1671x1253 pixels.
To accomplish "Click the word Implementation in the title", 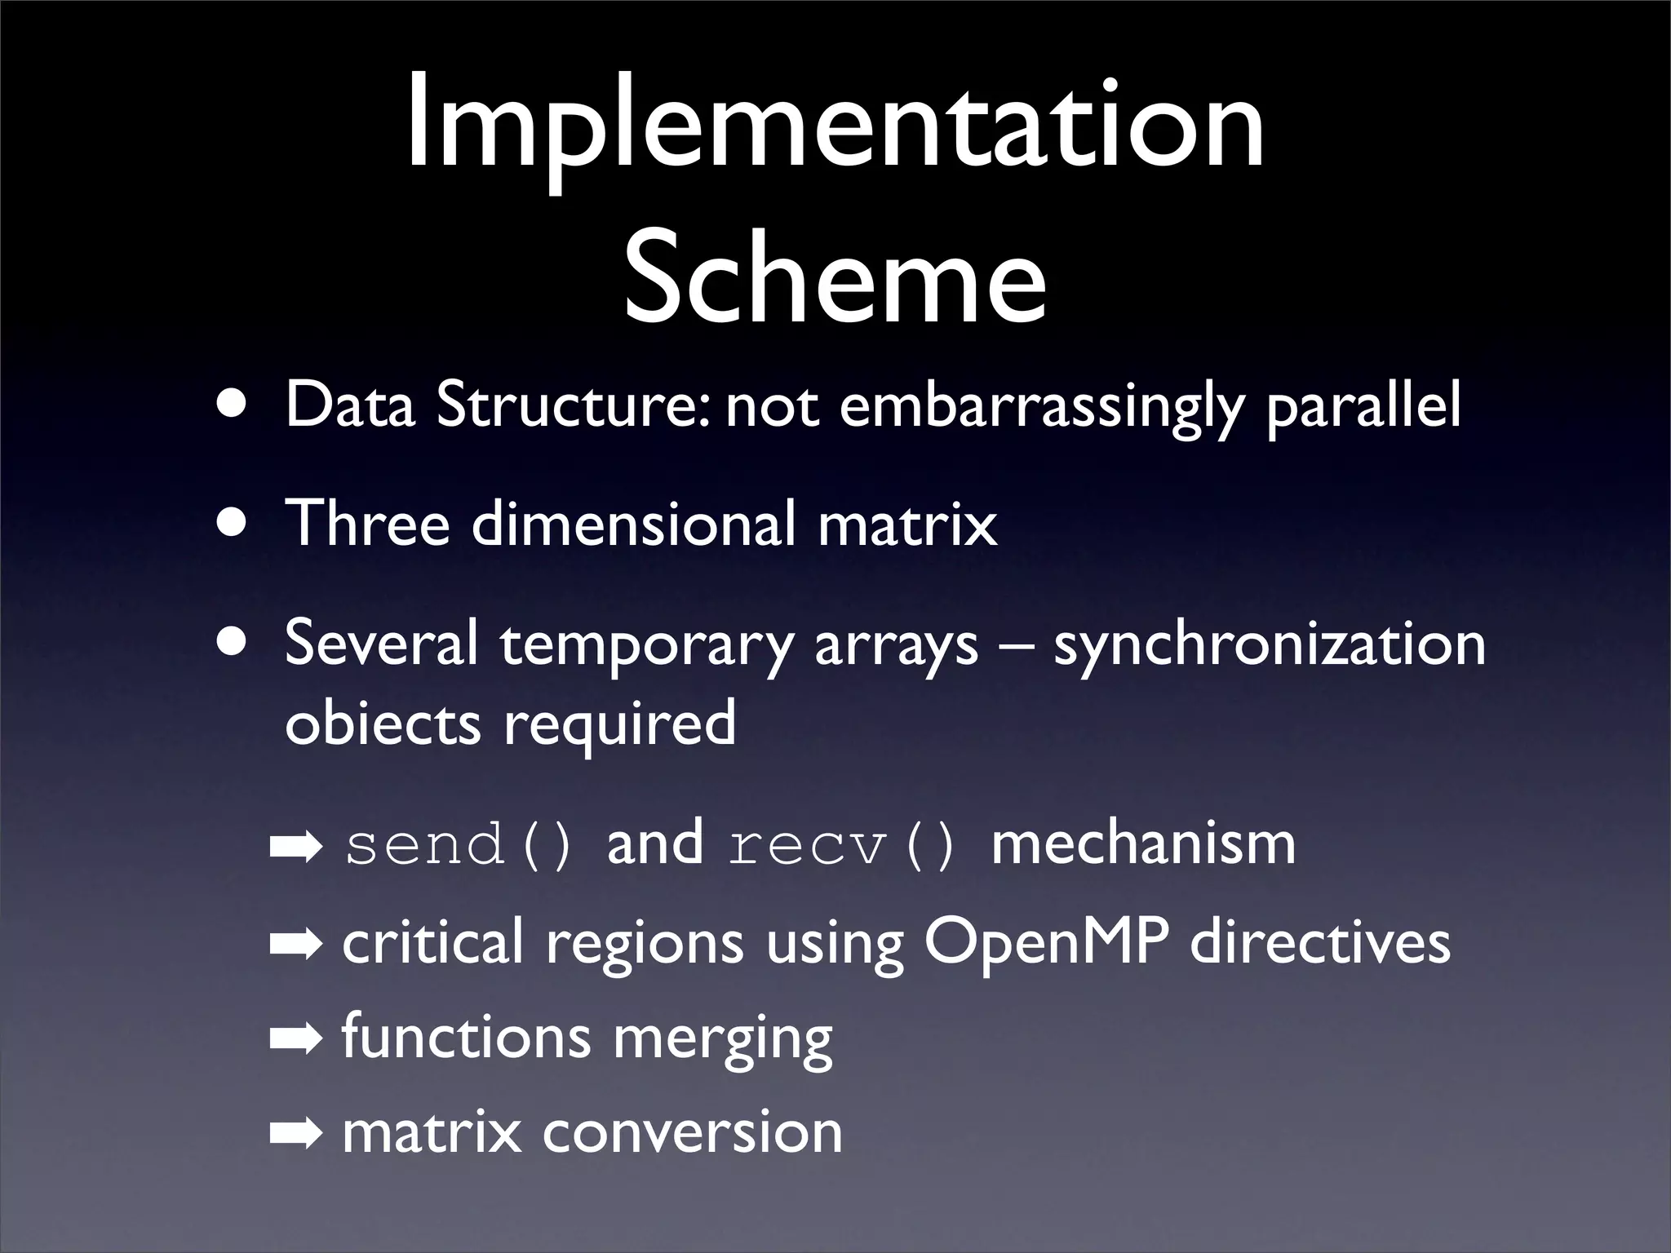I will pos(835,122).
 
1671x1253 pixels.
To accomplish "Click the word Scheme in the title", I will pos(835,277).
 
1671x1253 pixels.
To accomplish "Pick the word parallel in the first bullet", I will pos(1363,407).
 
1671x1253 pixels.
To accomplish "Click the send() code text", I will pos(459,845).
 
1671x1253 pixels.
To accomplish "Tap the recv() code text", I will pos(840,845).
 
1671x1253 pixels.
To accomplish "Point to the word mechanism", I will pos(1142,843).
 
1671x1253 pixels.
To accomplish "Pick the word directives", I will pos(1319,943).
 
